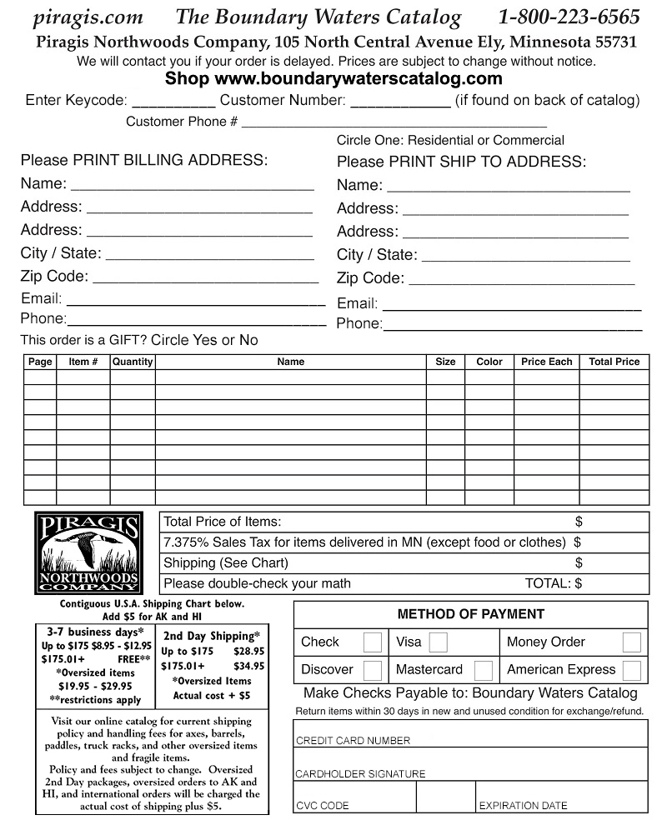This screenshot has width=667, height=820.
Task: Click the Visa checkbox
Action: click(x=439, y=642)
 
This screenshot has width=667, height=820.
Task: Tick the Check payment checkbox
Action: click(x=373, y=642)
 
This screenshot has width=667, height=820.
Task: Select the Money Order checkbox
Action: click(x=631, y=642)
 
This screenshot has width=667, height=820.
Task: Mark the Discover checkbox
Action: click(x=373, y=670)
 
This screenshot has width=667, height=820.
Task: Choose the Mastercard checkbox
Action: click(x=483, y=670)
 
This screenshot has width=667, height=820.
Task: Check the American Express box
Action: click(x=631, y=670)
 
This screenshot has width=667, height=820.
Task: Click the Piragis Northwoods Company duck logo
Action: click(x=88, y=552)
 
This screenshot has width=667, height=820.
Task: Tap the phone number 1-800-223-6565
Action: click(x=569, y=17)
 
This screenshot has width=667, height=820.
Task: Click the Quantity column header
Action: click(x=133, y=362)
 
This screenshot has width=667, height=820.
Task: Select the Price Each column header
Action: click(x=546, y=362)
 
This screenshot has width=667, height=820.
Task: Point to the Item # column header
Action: click(x=83, y=362)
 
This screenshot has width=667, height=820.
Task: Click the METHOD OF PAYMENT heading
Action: click(x=470, y=614)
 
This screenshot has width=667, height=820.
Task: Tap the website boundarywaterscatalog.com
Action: click(x=359, y=79)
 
